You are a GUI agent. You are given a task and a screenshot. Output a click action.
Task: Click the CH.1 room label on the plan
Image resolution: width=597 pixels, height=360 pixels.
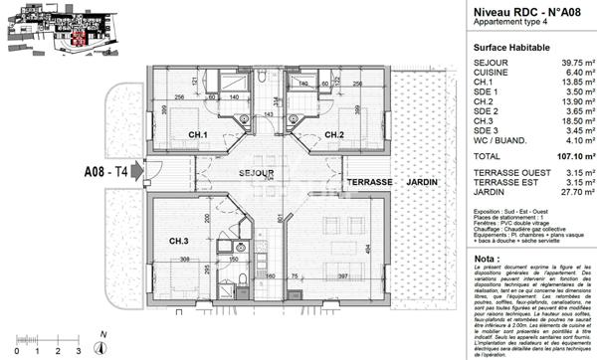(198, 135)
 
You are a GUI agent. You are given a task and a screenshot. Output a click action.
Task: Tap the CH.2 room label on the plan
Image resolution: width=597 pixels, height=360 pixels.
(333, 135)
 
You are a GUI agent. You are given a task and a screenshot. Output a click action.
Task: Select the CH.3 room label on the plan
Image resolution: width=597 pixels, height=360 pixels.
(179, 241)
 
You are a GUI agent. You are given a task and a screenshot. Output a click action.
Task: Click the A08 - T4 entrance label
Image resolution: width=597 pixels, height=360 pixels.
(104, 171)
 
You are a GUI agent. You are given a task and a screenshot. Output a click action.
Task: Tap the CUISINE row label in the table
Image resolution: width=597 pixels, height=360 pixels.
(494, 73)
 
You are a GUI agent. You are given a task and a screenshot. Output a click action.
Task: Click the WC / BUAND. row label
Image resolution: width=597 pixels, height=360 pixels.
(503, 143)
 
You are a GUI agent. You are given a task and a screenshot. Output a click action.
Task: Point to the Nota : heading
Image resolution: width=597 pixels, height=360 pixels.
(488, 258)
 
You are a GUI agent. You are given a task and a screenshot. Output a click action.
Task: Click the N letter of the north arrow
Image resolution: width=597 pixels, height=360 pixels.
(102, 335)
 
